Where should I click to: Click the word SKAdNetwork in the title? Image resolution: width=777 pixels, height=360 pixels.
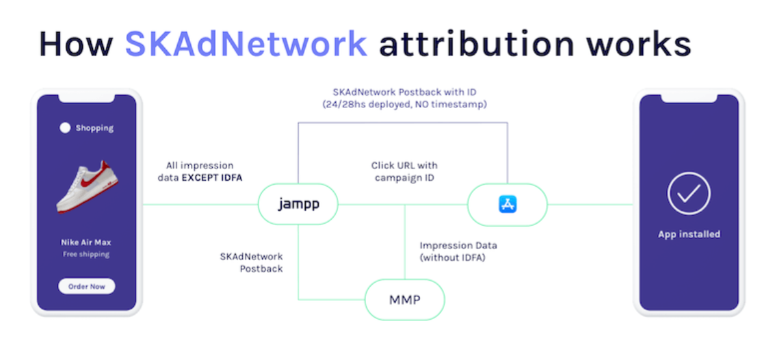click(x=246, y=44)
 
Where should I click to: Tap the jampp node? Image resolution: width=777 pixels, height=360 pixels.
click(x=298, y=205)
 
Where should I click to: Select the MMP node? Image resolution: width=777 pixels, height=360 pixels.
click(x=404, y=300)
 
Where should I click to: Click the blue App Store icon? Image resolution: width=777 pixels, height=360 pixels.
click(x=508, y=205)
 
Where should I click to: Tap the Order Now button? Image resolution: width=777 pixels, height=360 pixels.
click(x=87, y=286)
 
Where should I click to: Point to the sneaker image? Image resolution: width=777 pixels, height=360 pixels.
click(x=88, y=186)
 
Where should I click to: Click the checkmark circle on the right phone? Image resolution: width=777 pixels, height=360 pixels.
click(x=689, y=194)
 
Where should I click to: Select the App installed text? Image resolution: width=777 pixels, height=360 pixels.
click(x=689, y=234)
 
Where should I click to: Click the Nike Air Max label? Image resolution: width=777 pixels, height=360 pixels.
click(x=86, y=242)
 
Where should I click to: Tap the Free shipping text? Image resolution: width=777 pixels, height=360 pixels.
click(x=86, y=255)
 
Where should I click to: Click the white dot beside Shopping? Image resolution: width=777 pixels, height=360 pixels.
click(x=65, y=128)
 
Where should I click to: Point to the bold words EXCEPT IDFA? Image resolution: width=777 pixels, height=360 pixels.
click(x=212, y=177)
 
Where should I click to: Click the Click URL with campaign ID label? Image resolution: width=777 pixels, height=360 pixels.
click(x=404, y=171)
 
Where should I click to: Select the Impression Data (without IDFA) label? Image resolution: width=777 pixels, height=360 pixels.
click(x=458, y=251)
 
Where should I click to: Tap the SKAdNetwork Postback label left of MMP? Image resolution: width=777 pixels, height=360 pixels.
click(x=252, y=263)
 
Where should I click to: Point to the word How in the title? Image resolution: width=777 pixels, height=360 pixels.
click(x=77, y=44)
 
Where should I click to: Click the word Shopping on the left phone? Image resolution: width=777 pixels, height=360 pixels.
click(x=94, y=128)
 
